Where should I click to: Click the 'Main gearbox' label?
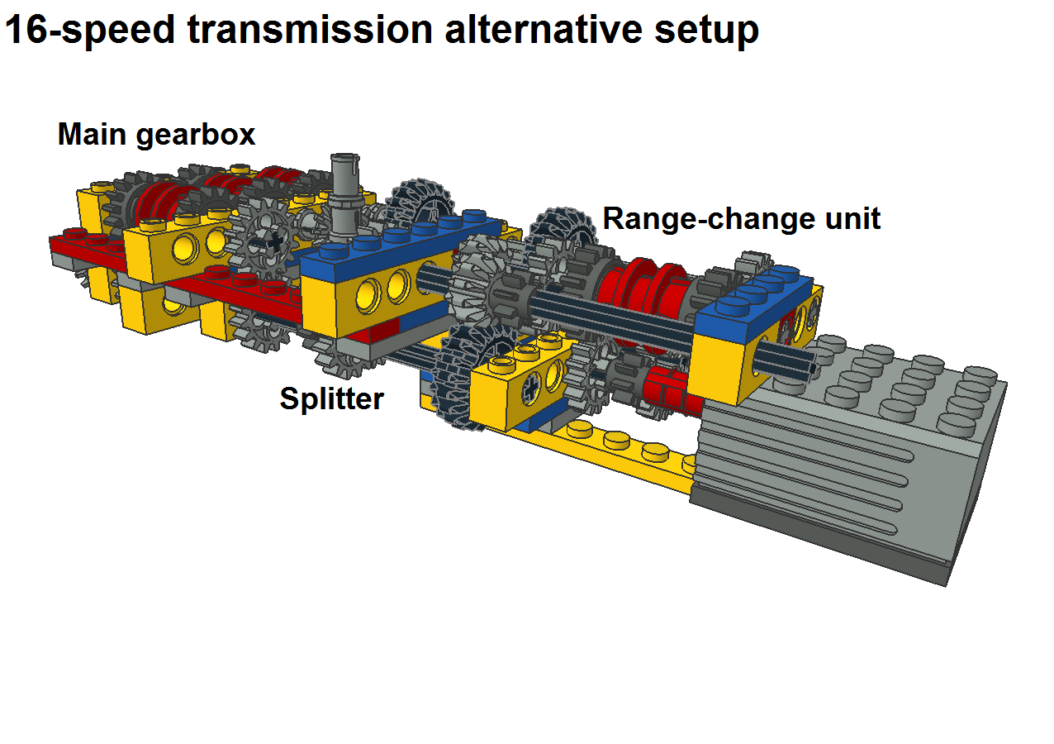click(156, 135)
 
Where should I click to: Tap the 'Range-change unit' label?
click(742, 219)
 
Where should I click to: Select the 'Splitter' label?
click(332, 398)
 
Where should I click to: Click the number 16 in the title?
click(26, 30)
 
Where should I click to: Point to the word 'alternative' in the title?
click(544, 30)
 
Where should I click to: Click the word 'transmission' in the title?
click(310, 30)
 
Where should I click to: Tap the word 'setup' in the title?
click(706, 32)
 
